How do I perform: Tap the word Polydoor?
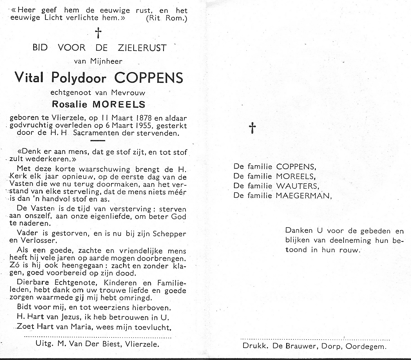pyautogui.click(x=78, y=78)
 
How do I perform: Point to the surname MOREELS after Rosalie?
pyautogui.click(x=119, y=104)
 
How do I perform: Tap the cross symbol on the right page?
pyautogui.click(x=252, y=128)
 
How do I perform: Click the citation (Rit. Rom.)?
pyautogui.click(x=166, y=18)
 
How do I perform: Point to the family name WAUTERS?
pyautogui.click(x=297, y=186)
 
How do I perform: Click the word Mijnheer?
pyautogui.click(x=106, y=61)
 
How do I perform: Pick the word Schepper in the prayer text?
pyautogui.click(x=169, y=234)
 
